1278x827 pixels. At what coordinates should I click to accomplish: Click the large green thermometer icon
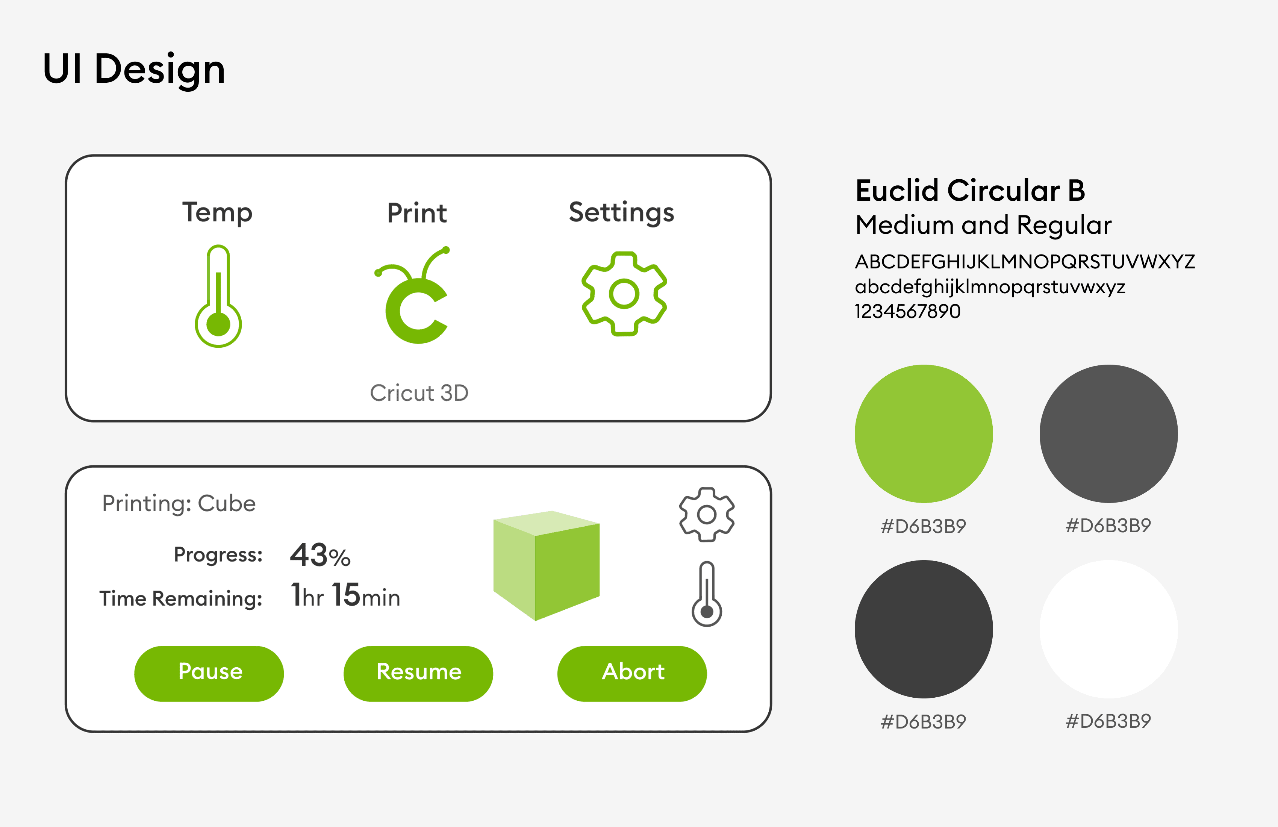[218, 297]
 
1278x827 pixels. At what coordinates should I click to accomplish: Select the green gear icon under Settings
[624, 294]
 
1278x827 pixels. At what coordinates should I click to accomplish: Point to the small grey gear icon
[707, 515]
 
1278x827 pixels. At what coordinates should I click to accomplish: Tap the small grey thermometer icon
[707, 594]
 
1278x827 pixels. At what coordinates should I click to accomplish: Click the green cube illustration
[546, 565]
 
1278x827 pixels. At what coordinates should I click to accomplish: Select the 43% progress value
[320, 555]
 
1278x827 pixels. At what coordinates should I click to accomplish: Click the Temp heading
[218, 213]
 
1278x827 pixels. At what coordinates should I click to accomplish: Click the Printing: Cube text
[179, 504]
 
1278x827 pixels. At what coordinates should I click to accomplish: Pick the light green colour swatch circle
[924, 434]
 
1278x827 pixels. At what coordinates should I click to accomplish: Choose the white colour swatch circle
[1108, 629]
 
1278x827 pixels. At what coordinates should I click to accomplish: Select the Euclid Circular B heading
[970, 191]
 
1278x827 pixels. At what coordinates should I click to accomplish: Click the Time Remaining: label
[181, 598]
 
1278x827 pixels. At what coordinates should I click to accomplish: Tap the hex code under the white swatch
[1108, 721]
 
